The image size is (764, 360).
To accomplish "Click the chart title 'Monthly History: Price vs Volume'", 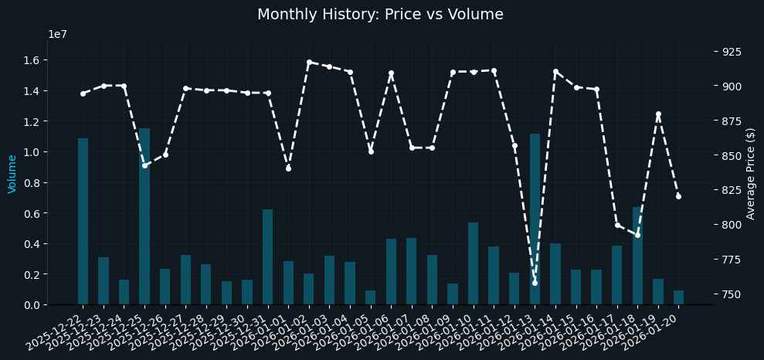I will point(380,15).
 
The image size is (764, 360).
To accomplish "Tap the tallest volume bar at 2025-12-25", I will point(144,216).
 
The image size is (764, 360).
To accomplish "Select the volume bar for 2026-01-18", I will point(637,256).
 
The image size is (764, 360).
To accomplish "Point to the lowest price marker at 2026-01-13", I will point(535,283).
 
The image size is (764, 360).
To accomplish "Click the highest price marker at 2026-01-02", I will point(309,63).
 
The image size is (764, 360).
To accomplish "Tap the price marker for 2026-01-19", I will point(658,114).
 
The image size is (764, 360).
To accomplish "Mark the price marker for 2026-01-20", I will point(678,196).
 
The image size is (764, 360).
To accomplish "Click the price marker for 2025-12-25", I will point(144,165).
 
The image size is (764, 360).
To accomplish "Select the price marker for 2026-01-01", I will point(288,168).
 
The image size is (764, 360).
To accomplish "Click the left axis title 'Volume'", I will point(12,174).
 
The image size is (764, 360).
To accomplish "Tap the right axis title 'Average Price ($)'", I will point(751,174).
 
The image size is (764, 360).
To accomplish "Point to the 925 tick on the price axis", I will point(732,52).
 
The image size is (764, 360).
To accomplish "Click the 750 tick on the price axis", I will point(732,294).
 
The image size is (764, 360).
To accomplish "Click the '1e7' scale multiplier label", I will point(56,34).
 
